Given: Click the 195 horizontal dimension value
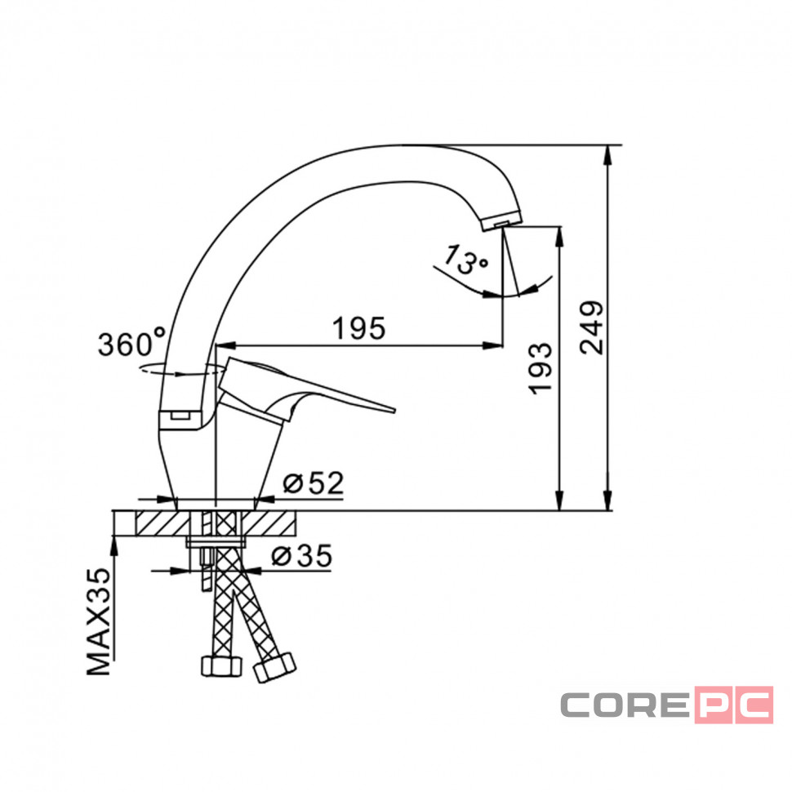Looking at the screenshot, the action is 359,328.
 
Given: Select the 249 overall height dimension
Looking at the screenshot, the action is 591,327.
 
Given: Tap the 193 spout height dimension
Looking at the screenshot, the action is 540,368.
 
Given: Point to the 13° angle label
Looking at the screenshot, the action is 465,260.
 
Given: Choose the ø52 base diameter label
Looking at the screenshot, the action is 314,483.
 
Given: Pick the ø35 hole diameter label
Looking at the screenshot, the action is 302,556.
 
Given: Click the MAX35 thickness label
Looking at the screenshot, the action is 99,622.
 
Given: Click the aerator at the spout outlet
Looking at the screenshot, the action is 502,221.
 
